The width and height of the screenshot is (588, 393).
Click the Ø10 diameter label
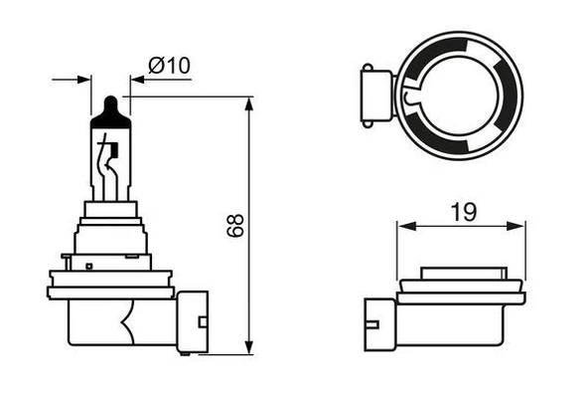pos(169,67)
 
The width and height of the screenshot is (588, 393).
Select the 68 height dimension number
pos(235,225)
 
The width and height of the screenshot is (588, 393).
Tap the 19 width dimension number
pos(463,211)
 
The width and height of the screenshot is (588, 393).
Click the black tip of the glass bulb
pos(110,105)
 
